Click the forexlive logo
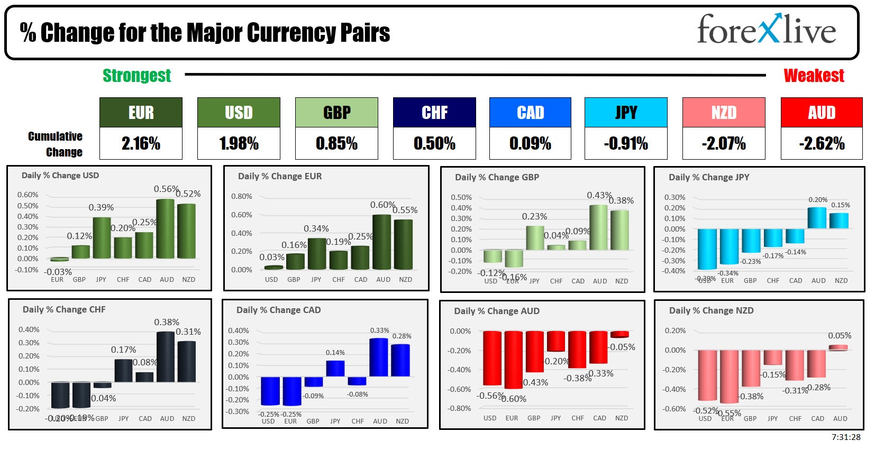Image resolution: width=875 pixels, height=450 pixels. click(x=766, y=30)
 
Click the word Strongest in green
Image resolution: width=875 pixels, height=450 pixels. click(x=136, y=76)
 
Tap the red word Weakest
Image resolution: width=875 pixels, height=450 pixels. click(x=814, y=76)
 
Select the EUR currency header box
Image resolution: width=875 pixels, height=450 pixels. click(x=141, y=112)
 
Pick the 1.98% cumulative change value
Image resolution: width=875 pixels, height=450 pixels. click(x=239, y=143)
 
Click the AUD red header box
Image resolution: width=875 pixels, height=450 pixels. click(x=822, y=112)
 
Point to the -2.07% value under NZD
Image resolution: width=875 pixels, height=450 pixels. click(x=723, y=143)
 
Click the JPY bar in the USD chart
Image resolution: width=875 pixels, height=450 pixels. click(x=102, y=238)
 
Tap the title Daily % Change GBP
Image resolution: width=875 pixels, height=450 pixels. click(x=497, y=177)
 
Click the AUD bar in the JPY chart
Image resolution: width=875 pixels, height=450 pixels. click(x=817, y=218)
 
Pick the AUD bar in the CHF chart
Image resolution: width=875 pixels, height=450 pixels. click(x=166, y=357)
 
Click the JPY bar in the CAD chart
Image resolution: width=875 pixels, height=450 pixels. click(x=335, y=369)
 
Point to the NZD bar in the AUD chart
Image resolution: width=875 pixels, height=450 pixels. click(x=619, y=334)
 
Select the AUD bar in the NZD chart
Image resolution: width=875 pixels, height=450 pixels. click(x=838, y=347)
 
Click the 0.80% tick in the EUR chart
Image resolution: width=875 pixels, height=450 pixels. click(x=241, y=196)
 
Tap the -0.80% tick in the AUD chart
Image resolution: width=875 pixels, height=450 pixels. click(x=460, y=408)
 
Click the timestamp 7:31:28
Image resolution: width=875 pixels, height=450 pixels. click(x=845, y=437)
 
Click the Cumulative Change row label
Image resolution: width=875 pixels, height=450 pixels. click(x=56, y=144)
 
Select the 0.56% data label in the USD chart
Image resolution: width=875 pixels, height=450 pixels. click(x=166, y=189)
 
